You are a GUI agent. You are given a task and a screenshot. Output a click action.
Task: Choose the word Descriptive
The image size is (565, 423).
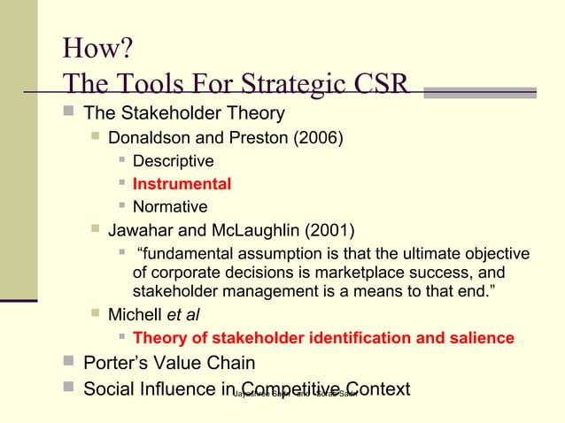point(173,161)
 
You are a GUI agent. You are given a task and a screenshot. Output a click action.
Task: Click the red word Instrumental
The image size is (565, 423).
point(182,184)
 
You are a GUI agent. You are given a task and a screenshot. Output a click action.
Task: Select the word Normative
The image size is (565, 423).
point(170,207)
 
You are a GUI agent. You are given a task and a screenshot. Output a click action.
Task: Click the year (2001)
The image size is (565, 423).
point(329,232)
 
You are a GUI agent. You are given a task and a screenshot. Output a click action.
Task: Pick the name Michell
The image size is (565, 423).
point(135,314)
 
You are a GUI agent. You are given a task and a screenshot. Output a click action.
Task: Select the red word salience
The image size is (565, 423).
point(476,338)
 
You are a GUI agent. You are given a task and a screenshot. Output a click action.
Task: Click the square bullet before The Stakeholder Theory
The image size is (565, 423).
point(68,113)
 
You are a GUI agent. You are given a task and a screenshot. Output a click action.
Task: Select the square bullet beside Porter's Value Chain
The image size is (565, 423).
point(68,363)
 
